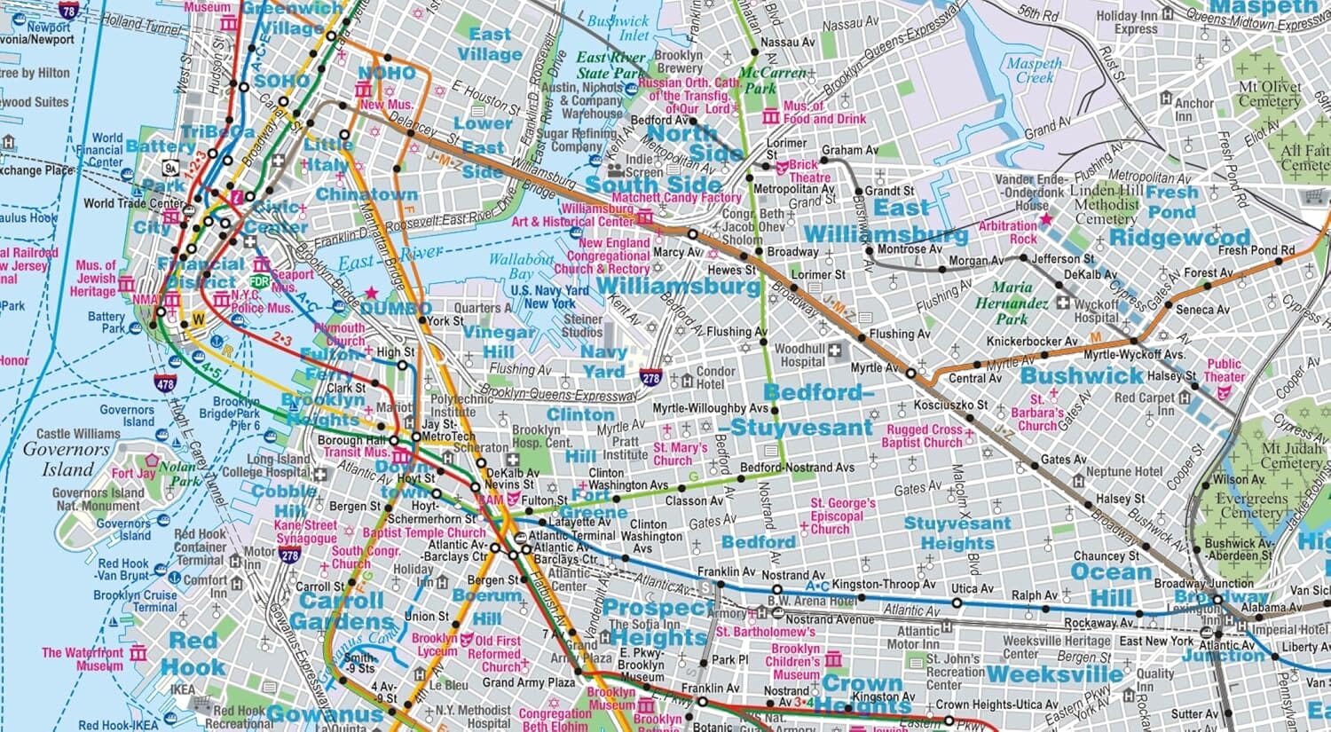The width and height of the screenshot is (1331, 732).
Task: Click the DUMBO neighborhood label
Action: tap(396, 309)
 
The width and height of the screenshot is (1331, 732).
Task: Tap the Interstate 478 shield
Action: tap(164, 383)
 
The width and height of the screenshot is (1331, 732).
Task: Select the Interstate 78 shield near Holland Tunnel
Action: tap(68, 10)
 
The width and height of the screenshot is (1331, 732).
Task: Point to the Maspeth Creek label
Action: tap(1034, 70)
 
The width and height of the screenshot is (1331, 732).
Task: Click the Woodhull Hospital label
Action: tap(802, 355)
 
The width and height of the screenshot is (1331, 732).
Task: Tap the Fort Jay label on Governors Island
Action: tap(133, 473)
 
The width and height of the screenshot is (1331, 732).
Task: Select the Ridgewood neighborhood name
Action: tap(1179, 238)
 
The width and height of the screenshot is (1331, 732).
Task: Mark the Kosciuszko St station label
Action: tap(950, 405)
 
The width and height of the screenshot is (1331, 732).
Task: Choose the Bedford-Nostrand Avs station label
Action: tap(797, 468)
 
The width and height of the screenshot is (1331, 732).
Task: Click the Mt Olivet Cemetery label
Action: tap(1270, 94)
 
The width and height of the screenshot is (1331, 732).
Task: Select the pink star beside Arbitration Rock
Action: tap(1046, 218)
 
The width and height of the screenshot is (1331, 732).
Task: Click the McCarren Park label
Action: tap(773, 81)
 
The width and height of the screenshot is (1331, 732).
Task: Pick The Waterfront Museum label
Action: tap(82, 658)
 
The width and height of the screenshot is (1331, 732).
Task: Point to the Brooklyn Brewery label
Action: tap(679, 61)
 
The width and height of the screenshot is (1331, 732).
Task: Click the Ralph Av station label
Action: tap(1035, 595)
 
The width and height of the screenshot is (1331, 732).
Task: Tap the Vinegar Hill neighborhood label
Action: tap(498, 342)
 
